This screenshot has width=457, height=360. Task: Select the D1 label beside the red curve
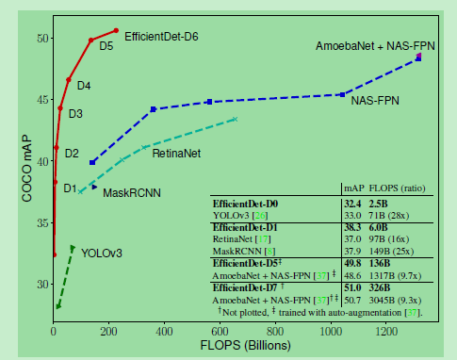(x=69, y=188)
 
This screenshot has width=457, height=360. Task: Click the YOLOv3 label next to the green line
(x=102, y=253)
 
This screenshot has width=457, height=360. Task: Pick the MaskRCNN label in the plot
(x=128, y=192)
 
